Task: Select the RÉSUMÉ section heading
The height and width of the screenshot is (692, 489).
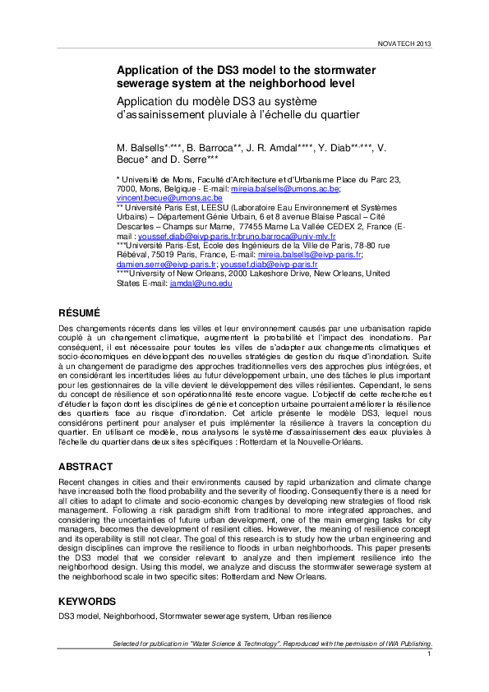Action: (79, 313)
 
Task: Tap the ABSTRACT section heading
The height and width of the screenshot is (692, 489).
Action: (85, 466)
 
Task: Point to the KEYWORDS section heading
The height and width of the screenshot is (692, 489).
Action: (88, 601)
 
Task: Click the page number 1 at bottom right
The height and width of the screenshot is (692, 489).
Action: (429, 654)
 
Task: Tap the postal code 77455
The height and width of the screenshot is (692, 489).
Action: (250, 227)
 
